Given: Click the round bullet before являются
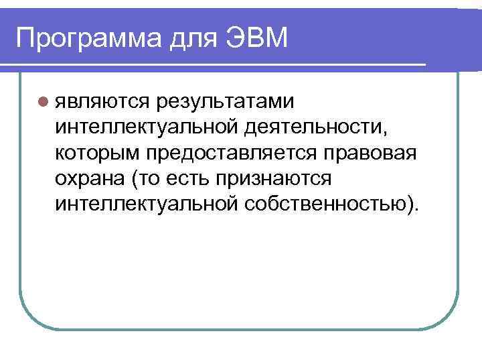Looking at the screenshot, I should click(x=42, y=102).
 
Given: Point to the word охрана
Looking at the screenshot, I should click(x=90, y=178).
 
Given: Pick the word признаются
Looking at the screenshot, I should click(x=281, y=178).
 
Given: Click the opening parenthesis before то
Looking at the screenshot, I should click(x=137, y=178).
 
